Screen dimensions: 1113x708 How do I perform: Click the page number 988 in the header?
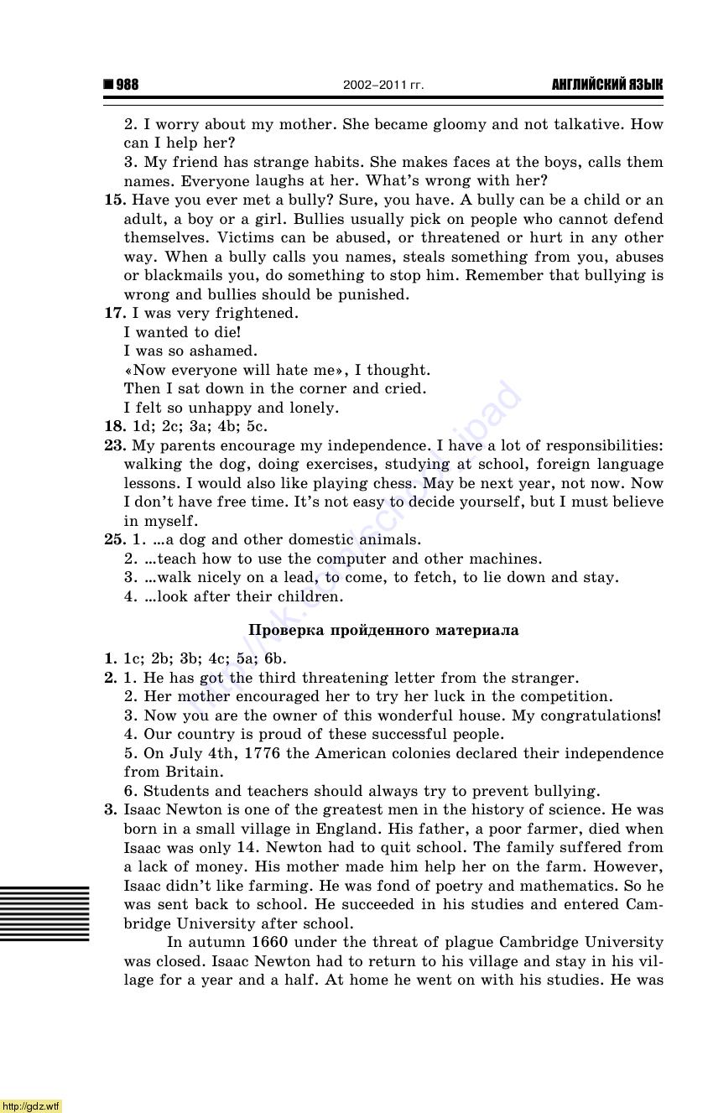click(127, 85)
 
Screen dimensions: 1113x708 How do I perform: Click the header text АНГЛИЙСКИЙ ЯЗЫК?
click(606, 85)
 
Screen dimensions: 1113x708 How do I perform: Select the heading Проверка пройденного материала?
click(383, 630)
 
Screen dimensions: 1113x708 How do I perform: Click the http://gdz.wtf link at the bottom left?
click(31, 1105)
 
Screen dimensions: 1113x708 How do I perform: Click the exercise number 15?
click(113, 200)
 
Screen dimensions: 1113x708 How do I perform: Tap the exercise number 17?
click(113, 313)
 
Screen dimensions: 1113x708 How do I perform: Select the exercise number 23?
click(114, 445)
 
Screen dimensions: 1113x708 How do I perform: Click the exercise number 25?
click(114, 539)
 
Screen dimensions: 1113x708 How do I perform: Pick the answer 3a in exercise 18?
click(199, 426)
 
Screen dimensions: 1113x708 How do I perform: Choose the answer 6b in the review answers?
click(275, 658)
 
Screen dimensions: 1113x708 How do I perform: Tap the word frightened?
click(256, 313)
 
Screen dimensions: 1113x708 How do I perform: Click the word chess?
click(396, 483)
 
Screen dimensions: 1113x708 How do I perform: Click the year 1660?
click(270, 942)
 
